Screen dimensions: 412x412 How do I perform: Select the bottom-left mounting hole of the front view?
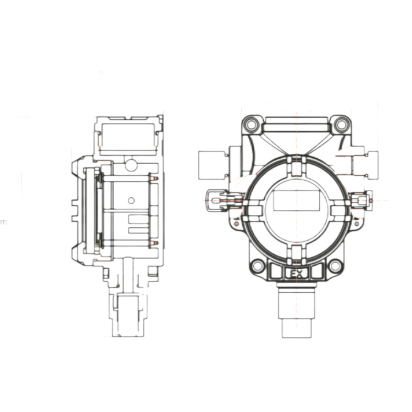point(257,267)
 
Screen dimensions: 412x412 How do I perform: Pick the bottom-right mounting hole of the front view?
point(335,267)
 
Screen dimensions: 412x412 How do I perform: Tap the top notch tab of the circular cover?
point(296,162)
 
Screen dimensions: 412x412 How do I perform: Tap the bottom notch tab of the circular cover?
point(296,252)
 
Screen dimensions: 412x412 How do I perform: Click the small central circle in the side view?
point(131,201)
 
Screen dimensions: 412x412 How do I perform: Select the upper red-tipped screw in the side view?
point(154,178)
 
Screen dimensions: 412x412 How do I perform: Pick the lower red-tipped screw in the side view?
point(154,243)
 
